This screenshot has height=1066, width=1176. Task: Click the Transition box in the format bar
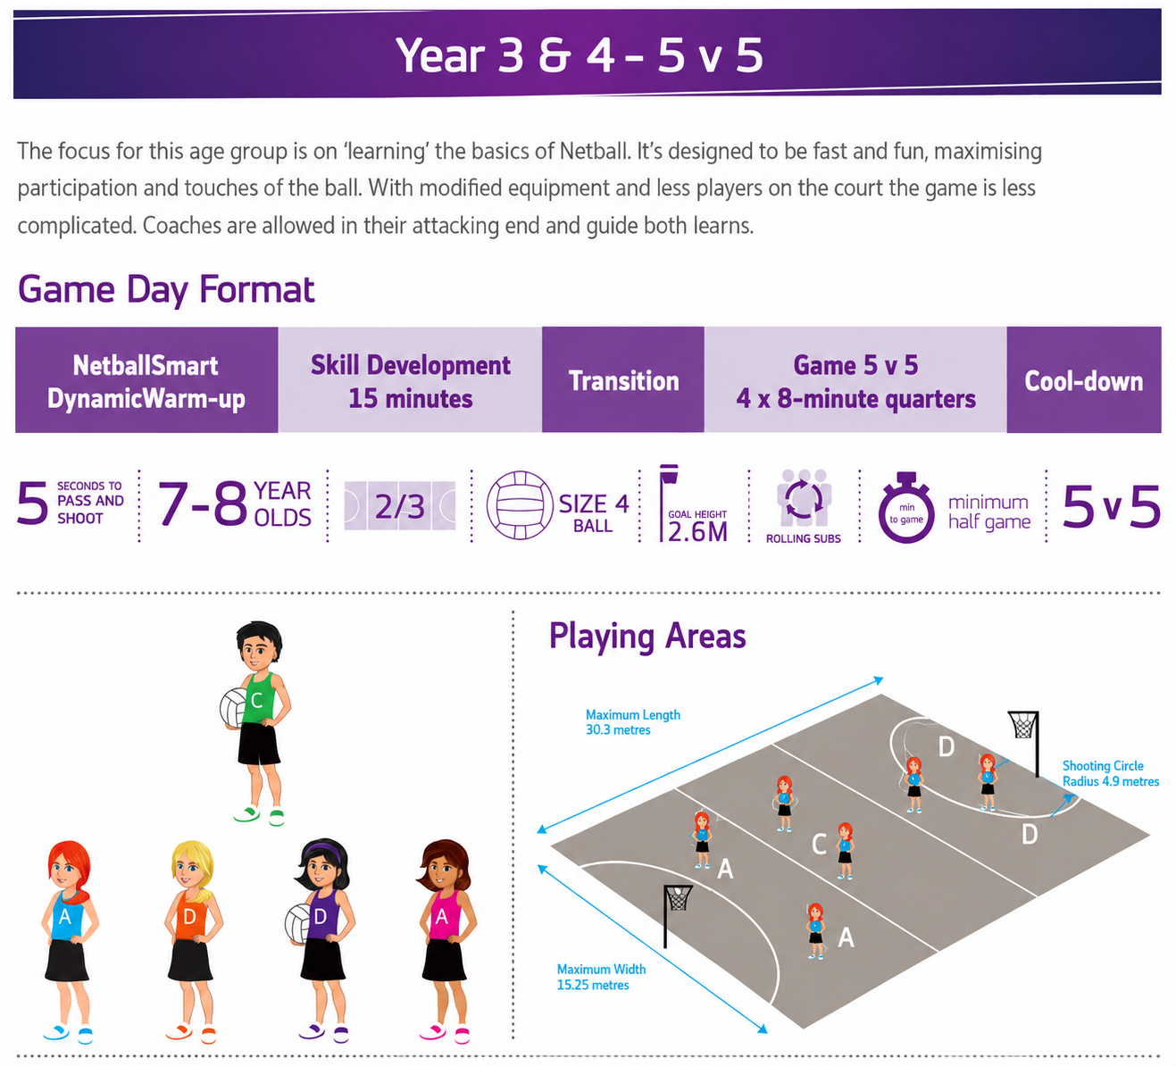click(x=622, y=379)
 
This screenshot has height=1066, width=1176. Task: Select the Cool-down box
click(x=1083, y=379)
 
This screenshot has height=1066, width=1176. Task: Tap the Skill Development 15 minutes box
click(x=410, y=379)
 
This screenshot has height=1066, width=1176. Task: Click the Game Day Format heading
click(x=166, y=289)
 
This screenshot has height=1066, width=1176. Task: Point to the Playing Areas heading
click(x=647, y=636)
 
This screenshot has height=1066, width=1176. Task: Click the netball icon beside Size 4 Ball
click(x=520, y=504)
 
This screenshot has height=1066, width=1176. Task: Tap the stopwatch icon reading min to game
click(x=905, y=508)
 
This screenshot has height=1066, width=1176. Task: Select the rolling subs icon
click(x=804, y=497)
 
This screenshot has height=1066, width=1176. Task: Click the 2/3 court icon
click(x=399, y=505)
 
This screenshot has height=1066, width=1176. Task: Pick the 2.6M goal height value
click(x=697, y=532)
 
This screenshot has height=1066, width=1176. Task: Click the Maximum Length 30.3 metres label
click(x=633, y=721)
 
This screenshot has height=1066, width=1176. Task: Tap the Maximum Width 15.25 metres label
click(x=601, y=977)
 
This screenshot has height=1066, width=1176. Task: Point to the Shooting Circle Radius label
click(x=1110, y=773)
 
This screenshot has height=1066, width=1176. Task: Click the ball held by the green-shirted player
click(x=232, y=708)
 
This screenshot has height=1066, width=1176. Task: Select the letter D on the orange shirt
click(x=188, y=917)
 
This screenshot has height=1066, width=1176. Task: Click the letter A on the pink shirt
click(x=441, y=917)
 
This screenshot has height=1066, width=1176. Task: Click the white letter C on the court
click(x=819, y=844)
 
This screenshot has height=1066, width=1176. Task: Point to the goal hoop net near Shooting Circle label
click(x=1023, y=726)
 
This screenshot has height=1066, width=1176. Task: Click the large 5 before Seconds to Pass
click(x=32, y=504)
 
